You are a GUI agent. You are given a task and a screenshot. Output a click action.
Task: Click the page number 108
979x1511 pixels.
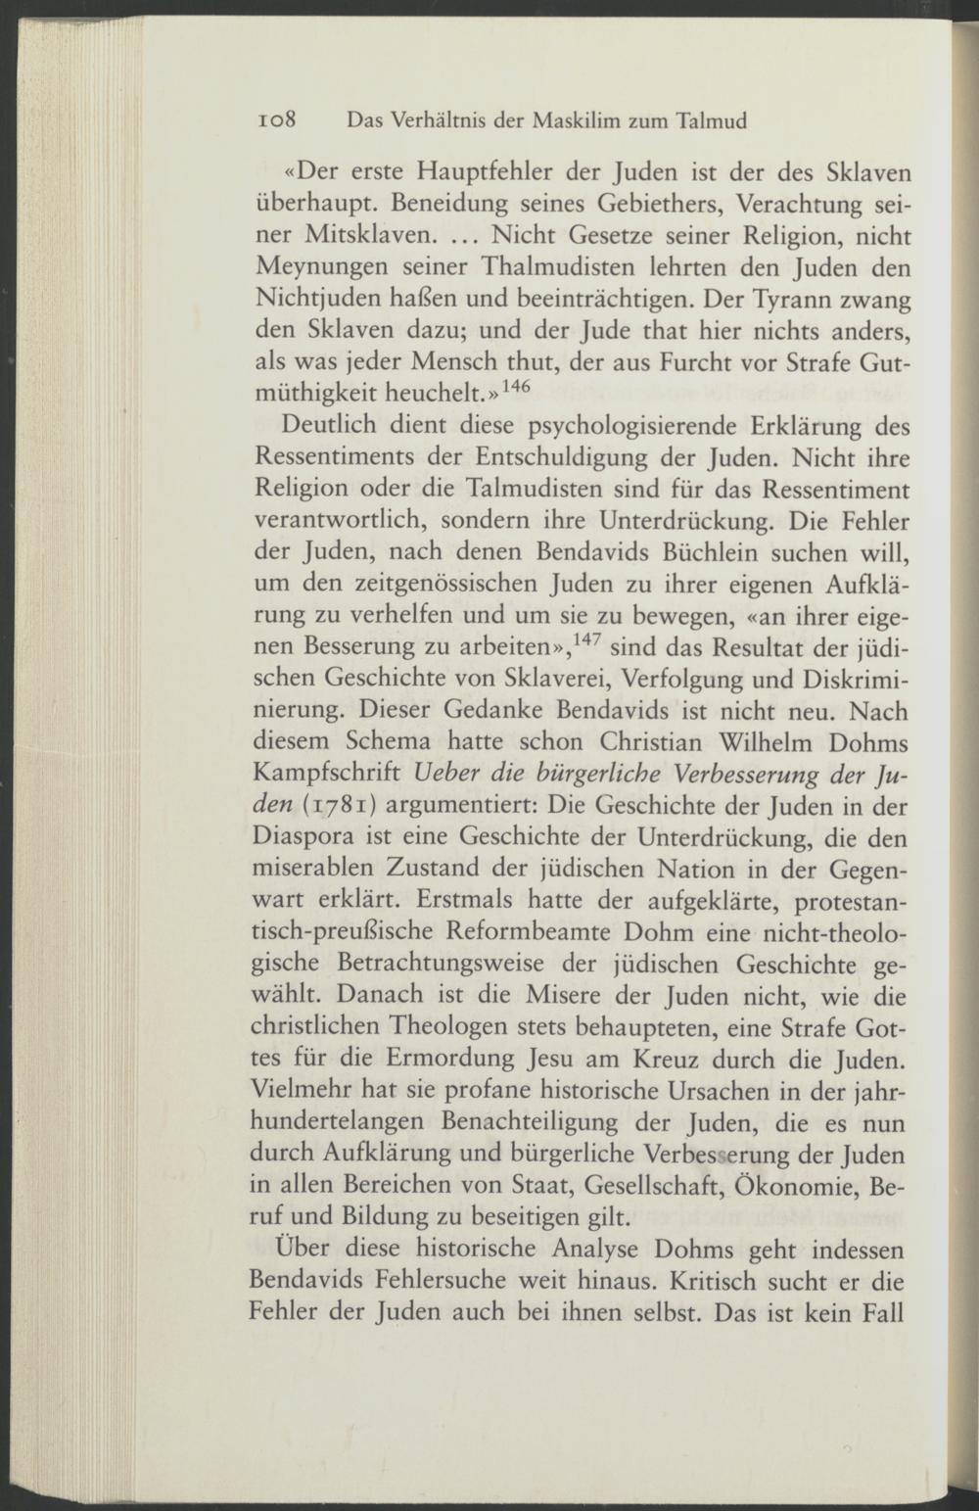[279, 121]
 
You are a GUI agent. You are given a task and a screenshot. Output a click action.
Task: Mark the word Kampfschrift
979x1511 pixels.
[323, 773]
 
